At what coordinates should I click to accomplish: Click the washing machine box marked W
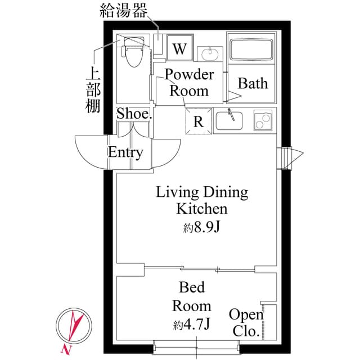[179, 49]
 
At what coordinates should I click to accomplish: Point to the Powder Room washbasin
[211, 55]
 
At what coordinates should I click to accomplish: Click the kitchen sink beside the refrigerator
[229, 120]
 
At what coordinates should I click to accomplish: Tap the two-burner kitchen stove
[262, 120]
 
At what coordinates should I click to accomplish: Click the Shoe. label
[134, 114]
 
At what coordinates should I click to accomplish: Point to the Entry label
[125, 152]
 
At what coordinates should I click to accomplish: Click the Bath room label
[253, 84]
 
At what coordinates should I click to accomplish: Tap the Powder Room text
[189, 83]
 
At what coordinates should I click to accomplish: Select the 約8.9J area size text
[202, 228]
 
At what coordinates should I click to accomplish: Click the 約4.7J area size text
[192, 325]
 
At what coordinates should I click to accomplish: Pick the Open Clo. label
[246, 323]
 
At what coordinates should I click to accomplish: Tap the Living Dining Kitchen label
[202, 201]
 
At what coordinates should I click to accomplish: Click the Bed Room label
[192, 297]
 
